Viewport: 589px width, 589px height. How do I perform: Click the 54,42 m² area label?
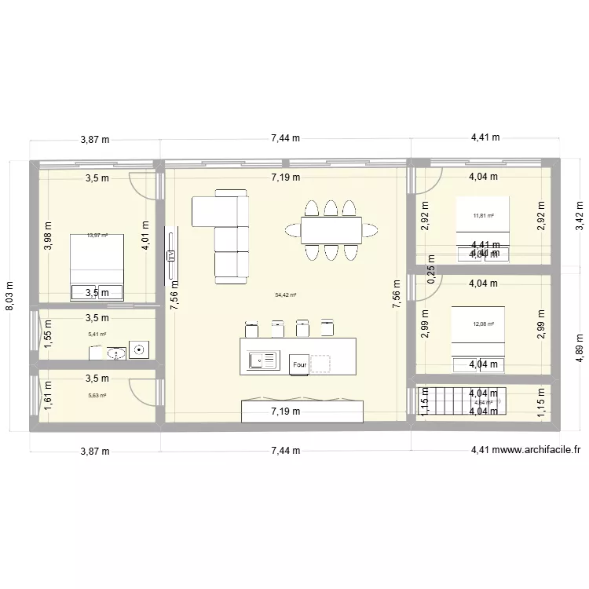point(285,295)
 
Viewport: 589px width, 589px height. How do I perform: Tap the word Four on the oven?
point(299,364)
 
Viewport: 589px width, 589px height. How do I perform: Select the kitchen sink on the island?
point(264,360)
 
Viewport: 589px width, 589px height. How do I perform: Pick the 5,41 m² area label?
point(97,334)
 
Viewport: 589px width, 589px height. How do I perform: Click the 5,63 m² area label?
point(97,396)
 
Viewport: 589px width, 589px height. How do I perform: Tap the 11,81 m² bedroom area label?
point(483,216)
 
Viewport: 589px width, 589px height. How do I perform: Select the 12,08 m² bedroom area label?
point(484,324)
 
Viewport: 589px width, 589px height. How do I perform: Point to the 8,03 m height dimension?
point(11,297)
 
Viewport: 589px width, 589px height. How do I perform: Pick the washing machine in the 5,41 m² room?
point(141,349)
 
